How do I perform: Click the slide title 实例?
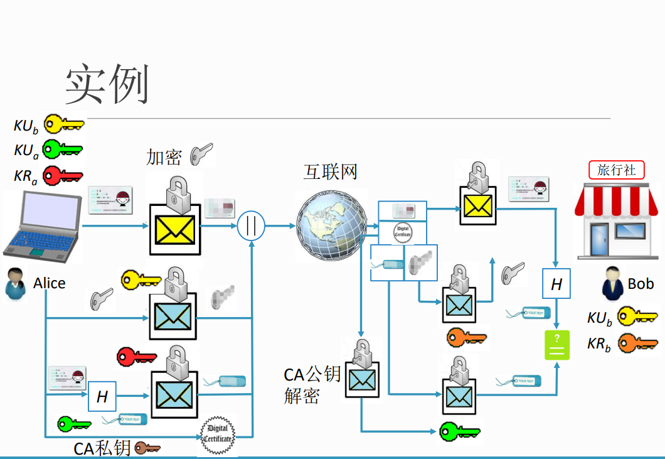coord(107,85)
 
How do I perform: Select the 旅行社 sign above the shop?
coord(616,170)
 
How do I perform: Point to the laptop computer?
coord(41,225)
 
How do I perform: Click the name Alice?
coord(50,283)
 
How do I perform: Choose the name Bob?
coord(641,284)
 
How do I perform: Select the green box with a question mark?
coord(557,345)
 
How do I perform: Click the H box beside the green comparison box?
coord(556,284)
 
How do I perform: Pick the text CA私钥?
coord(102,448)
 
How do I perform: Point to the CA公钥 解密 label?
coord(312,385)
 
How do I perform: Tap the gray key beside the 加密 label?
coord(201,153)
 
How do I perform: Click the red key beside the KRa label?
coord(63,175)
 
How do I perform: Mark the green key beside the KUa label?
coord(63,149)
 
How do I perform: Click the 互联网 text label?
coord(330,171)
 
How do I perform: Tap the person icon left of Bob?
coord(613,284)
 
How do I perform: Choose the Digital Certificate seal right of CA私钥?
coord(217,434)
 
